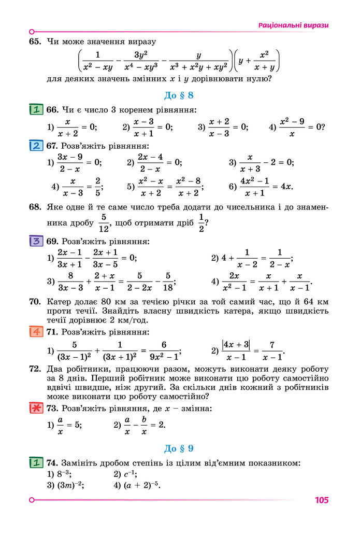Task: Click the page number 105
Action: [321, 500]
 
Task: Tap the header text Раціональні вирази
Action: [293, 25]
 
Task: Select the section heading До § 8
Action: [179, 95]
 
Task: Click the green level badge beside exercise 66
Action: [36, 110]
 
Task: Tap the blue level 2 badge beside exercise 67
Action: [36, 146]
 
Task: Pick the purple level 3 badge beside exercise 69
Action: [36, 241]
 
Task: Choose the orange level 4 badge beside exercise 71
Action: [36, 332]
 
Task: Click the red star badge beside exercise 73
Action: [36, 409]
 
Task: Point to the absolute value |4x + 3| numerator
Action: [236, 343]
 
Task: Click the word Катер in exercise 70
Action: [59, 302]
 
